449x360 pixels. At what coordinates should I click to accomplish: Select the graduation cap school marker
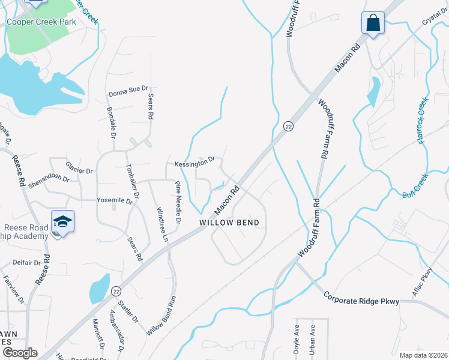click(62, 221)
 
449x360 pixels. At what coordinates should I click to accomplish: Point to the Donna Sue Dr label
click(128, 94)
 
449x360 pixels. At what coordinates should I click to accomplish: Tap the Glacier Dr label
click(79, 170)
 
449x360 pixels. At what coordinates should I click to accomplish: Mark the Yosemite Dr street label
click(114, 202)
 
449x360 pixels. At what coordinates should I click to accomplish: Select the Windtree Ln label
click(162, 224)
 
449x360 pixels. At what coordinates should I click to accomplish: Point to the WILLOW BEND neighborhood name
click(230, 223)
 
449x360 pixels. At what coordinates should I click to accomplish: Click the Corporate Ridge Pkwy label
click(361, 299)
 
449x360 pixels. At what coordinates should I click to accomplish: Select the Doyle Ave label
click(297, 341)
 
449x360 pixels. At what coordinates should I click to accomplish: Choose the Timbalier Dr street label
click(132, 181)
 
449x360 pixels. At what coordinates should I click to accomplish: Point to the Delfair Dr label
click(26, 263)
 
